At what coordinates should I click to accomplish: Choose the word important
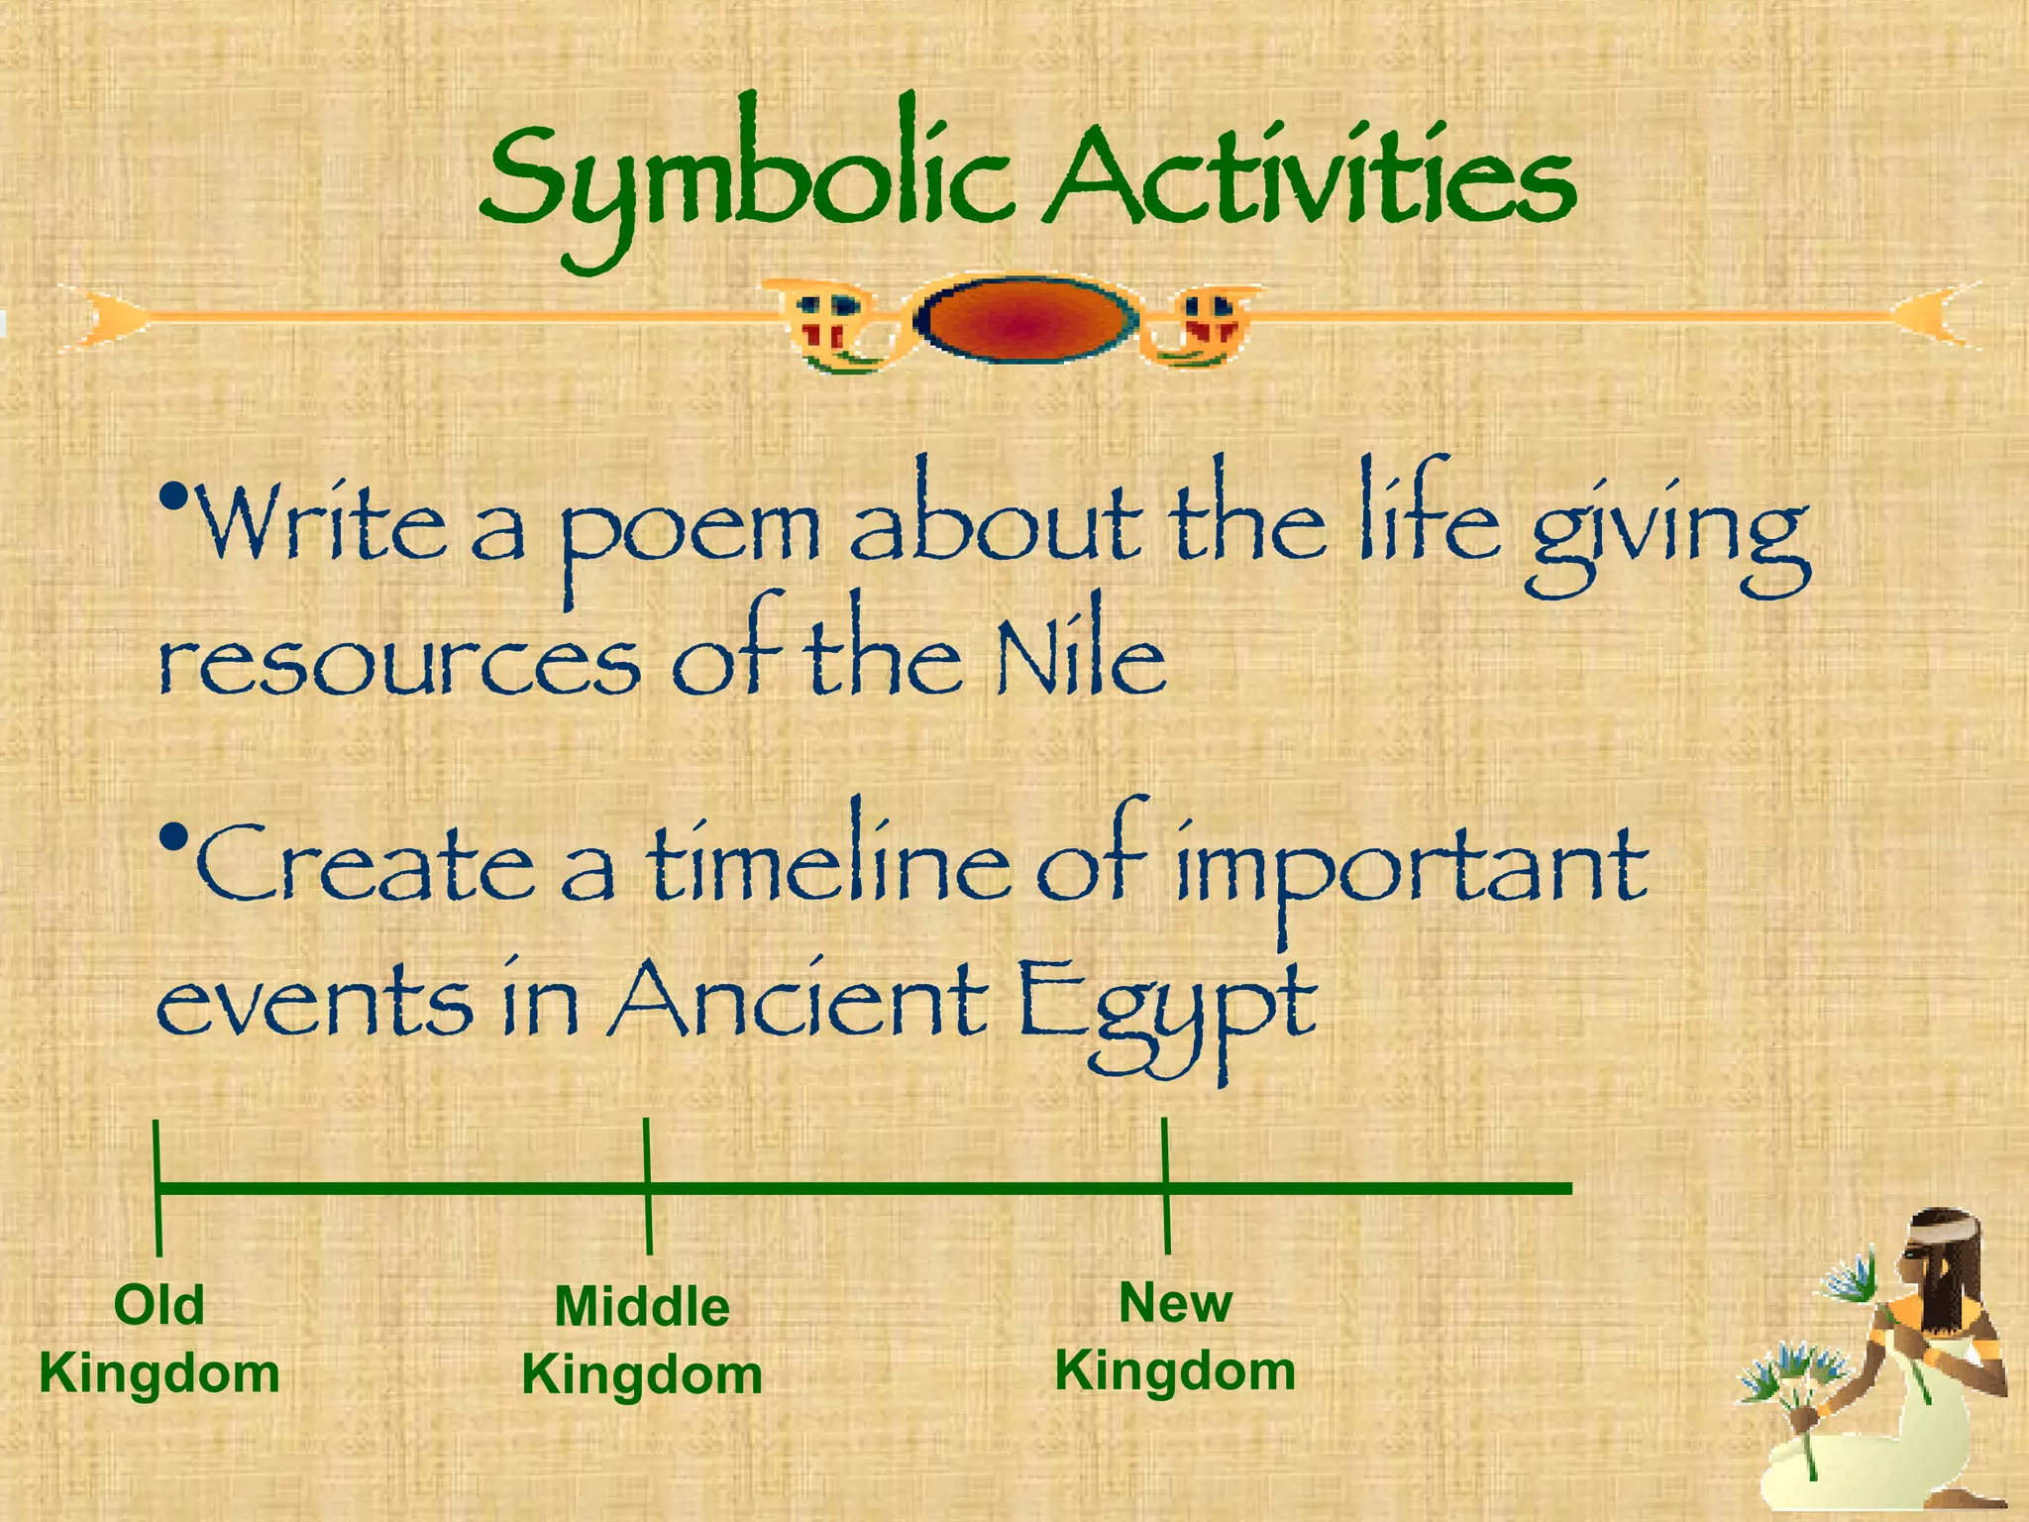(x=1412, y=867)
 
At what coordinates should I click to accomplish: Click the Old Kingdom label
(x=159, y=1339)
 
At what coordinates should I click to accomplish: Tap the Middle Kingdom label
(x=642, y=1341)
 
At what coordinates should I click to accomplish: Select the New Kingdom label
(x=1175, y=1337)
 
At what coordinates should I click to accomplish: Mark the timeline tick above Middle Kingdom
(x=647, y=1186)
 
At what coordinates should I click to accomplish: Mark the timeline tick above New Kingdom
(x=1166, y=1185)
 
